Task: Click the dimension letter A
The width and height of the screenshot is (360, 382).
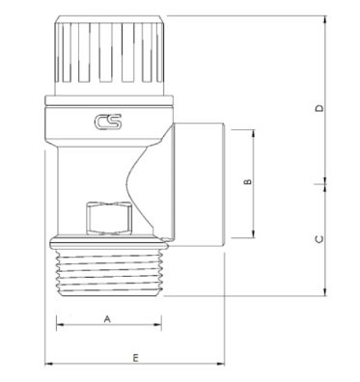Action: [107, 319]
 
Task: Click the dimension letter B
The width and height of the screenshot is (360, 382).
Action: [247, 181]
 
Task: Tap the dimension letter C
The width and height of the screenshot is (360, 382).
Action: [319, 239]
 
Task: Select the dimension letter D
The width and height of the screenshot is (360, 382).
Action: [319, 108]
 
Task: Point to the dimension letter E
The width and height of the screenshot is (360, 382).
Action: [135, 358]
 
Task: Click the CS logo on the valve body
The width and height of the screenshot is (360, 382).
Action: [108, 122]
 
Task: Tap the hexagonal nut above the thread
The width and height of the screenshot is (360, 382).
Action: [109, 219]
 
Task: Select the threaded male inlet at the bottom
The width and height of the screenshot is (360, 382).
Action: [109, 273]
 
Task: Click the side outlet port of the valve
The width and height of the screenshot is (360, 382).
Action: [200, 185]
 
